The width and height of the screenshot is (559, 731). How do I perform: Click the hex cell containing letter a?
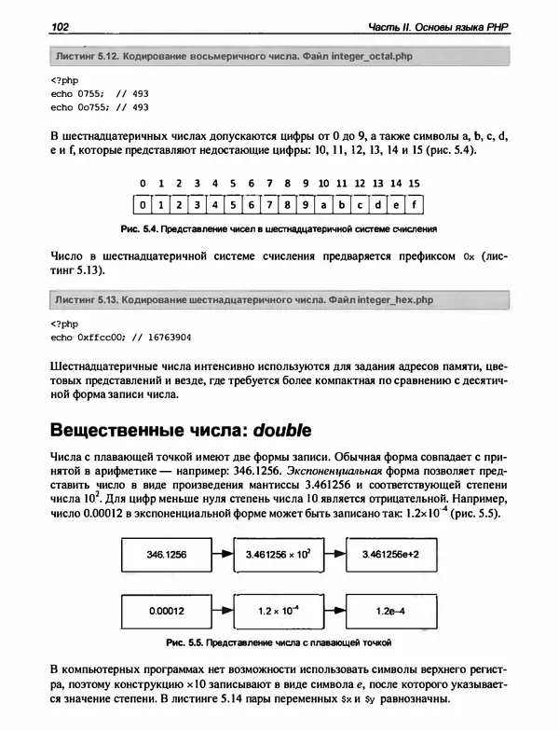(x=316, y=202)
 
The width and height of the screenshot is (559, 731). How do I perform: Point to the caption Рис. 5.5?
(x=279, y=642)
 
